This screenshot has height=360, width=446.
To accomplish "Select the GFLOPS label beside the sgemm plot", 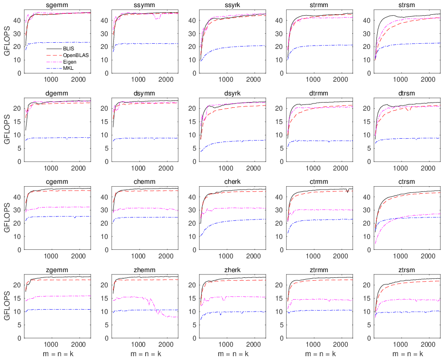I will coord(7,40).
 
